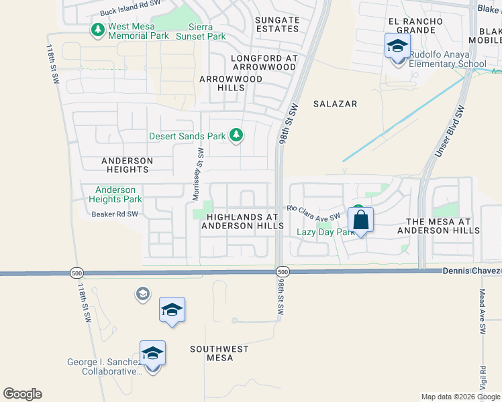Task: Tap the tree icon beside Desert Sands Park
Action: tap(236, 136)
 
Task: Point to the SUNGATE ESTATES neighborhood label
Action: tap(277, 25)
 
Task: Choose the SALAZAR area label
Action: tap(335, 104)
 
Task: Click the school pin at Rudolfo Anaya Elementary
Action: tap(397, 47)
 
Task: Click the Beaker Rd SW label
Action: tap(115, 214)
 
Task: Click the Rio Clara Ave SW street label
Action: tap(314, 212)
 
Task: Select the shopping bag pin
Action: tap(360, 220)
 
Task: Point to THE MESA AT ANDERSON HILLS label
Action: tap(438, 226)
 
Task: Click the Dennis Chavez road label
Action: tap(471, 270)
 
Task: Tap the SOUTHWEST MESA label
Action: tap(219, 353)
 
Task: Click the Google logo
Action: tap(22, 394)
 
